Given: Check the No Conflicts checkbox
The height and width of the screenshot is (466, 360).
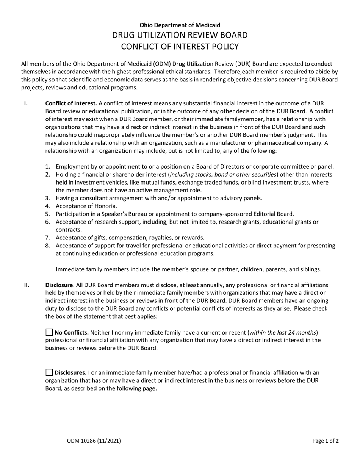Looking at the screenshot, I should coord(49,333).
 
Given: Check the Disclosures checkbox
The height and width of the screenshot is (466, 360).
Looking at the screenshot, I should coord(49,372).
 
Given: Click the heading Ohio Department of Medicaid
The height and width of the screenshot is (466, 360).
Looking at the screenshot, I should coord(180,25).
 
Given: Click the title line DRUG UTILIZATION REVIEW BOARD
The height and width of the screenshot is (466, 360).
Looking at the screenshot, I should coord(180,35).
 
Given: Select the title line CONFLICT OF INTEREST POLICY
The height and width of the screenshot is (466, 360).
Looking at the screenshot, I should coord(180,47).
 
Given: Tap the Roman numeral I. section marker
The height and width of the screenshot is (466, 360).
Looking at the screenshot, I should coord(26,103).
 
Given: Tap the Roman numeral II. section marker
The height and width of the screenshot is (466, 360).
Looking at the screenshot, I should coord(27,285).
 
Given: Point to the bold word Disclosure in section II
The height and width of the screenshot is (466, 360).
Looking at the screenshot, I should coord(59,285).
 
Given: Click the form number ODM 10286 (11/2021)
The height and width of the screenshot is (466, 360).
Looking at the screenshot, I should coord(94,441).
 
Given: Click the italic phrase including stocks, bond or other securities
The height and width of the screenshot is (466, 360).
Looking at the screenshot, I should coord(224,174).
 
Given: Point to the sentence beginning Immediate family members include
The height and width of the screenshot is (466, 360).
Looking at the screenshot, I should coord(188,269).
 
